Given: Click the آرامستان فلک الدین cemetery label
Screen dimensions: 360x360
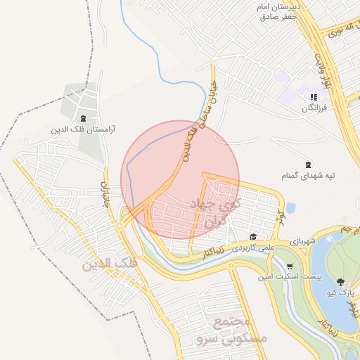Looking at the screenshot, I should (x=84, y=130).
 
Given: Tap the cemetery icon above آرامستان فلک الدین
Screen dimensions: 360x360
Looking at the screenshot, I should (x=84, y=118).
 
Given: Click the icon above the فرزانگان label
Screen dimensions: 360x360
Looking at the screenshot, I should (x=314, y=97).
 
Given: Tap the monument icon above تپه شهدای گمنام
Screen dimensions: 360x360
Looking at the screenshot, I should (x=308, y=163).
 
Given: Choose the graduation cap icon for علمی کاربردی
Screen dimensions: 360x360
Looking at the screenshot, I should (x=252, y=236).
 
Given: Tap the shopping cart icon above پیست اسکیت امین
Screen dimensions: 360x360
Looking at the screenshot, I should (x=290, y=266).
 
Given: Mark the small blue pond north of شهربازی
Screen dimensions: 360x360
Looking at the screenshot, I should (x=290, y=207).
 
